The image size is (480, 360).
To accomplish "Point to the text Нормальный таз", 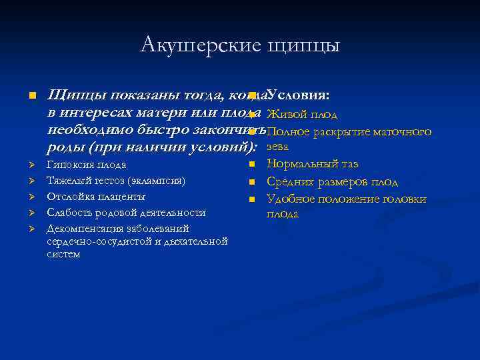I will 312,164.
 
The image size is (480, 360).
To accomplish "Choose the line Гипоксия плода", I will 86,165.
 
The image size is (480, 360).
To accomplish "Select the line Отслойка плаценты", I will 96,197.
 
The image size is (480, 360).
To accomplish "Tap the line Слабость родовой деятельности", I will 126,213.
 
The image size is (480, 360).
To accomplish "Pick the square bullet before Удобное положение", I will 252,199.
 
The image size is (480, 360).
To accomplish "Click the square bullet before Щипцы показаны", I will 31,97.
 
